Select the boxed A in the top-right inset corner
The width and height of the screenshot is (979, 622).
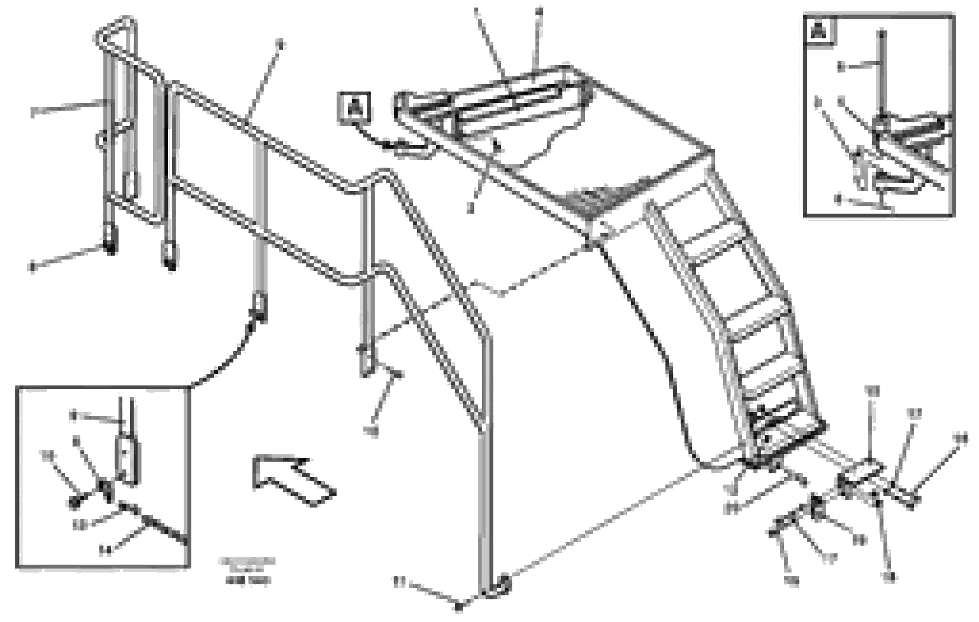tap(820, 31)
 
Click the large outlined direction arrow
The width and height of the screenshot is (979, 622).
tap(293, 480)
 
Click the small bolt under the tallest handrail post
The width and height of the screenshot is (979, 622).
tap(458, 607)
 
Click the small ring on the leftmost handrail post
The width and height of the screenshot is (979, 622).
tap(102, 140)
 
